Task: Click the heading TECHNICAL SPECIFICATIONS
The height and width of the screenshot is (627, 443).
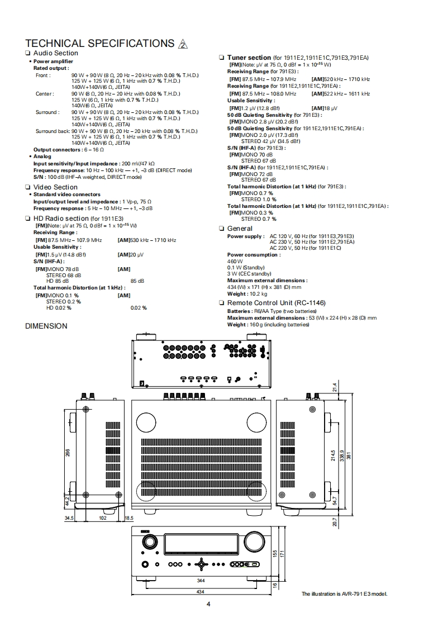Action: tap(100, 44)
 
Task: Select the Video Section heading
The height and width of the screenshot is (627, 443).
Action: tap(55, 187)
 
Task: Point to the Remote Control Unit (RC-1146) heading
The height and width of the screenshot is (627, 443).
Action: tap(276, 303)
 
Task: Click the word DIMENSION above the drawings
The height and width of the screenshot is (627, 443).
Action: tap(46, 326)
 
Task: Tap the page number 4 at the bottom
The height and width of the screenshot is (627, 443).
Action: tap(208, 604)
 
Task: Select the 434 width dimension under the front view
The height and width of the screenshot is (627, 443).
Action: tap(199, 591)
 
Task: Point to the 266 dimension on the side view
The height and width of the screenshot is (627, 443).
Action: tap(68, 453)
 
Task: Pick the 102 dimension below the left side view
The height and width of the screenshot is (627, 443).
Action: tap(102, 518)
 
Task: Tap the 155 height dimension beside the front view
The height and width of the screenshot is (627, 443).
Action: tap(274, 553)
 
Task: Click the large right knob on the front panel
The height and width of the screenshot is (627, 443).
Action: tap(251, 541)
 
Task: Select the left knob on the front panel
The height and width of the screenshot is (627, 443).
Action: tap(149, 541)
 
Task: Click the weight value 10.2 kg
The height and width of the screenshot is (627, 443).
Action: tap(258, 293)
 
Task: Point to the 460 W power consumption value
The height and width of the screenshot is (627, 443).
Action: tap(235, 261)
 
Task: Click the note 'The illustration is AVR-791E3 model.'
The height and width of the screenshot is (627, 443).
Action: tap(344, 593)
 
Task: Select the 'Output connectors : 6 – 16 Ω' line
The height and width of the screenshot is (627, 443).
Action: tap(69, 150)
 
